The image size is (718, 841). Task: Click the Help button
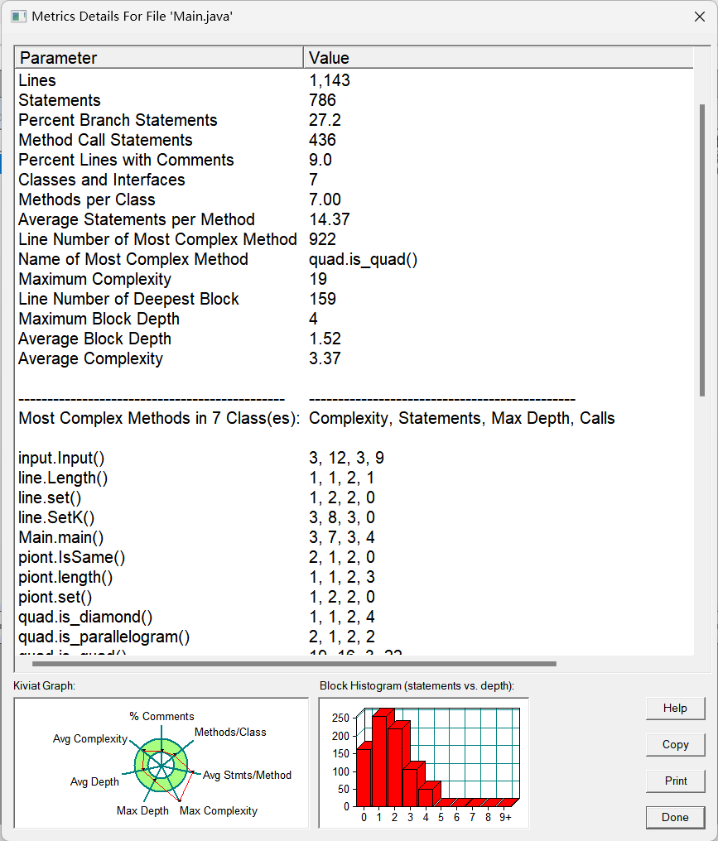(x=675, y=709)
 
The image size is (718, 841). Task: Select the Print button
(x=675, y=781)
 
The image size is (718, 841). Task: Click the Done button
(x=675, y=817)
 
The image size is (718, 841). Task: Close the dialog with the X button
(x=698, y=16)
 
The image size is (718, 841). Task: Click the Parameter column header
(x=58, y=58)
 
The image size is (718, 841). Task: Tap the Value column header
(x=329, y=58)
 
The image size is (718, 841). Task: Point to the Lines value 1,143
(x=330, y=80)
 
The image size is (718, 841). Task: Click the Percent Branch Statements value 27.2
(x=325, y=120)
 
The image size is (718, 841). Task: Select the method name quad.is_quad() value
(x=363, y=259)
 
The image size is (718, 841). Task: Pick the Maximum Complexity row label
(x=94, y=279)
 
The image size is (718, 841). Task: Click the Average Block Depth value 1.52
(x=325, y=339)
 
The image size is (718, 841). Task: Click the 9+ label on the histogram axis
(x=505, y=817)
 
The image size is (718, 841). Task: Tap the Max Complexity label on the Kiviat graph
(x=219, y=810)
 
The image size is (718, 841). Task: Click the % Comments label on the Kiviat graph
(x=161, y=716)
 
